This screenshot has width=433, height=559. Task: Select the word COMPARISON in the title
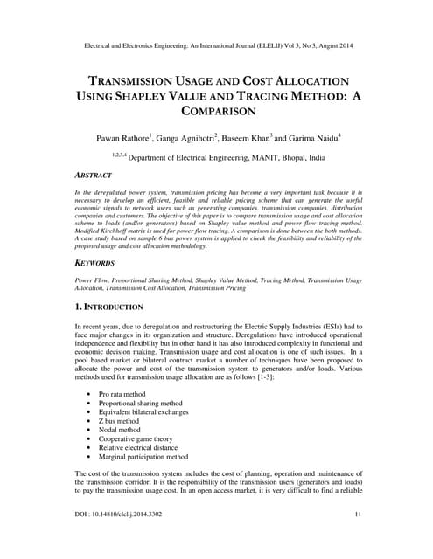pyautogui.click(x=216, y=112)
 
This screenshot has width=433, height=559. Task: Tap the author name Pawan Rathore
pyautogui.click(x=129, y=138)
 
